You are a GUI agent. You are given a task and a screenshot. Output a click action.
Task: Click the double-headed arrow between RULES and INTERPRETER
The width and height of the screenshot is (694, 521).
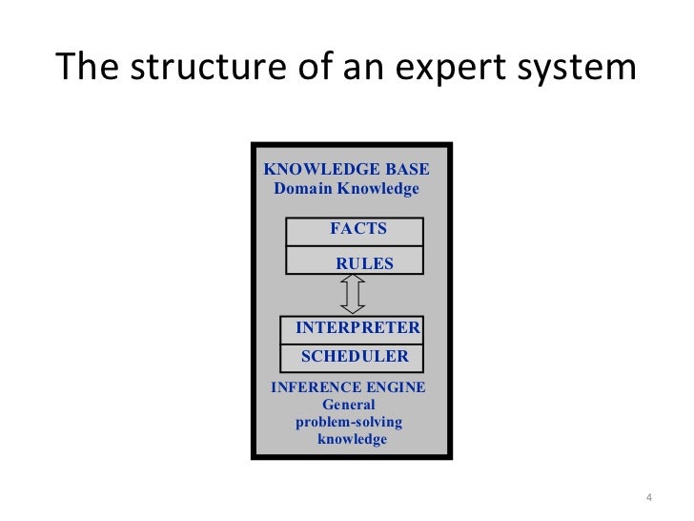[x=353, y=295]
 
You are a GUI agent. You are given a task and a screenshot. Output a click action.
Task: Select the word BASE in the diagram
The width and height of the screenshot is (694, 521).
[x=407, y=170]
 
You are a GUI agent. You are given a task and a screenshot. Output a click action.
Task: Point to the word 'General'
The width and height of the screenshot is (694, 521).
[x=349, y=405]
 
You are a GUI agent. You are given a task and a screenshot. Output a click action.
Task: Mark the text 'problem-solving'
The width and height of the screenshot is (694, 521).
[x=349, y=422]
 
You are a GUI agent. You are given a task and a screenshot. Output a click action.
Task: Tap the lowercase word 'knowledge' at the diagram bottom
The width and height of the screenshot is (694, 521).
[x=352, y=439]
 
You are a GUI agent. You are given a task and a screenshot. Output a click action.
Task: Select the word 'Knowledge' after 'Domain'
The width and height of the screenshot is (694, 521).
[x=378, y=189]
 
